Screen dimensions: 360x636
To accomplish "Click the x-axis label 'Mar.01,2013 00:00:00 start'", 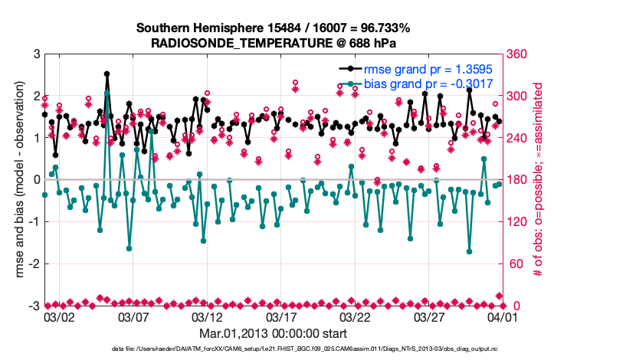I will tap(273, 333).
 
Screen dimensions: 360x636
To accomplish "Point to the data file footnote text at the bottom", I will tap(317, 349).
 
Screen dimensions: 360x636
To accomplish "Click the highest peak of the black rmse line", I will tap(107, 74).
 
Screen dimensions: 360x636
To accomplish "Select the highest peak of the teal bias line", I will tap(107, 93).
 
